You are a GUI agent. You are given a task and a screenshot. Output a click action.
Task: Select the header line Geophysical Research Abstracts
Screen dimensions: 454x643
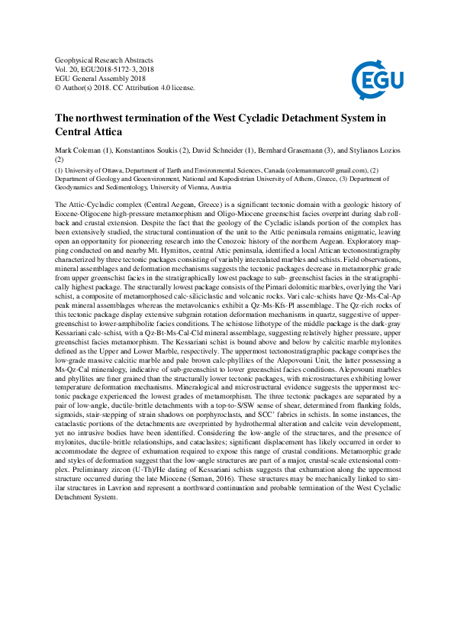[x=105, y=60]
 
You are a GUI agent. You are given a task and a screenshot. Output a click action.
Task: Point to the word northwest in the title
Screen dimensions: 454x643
[x=109, y=118]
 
